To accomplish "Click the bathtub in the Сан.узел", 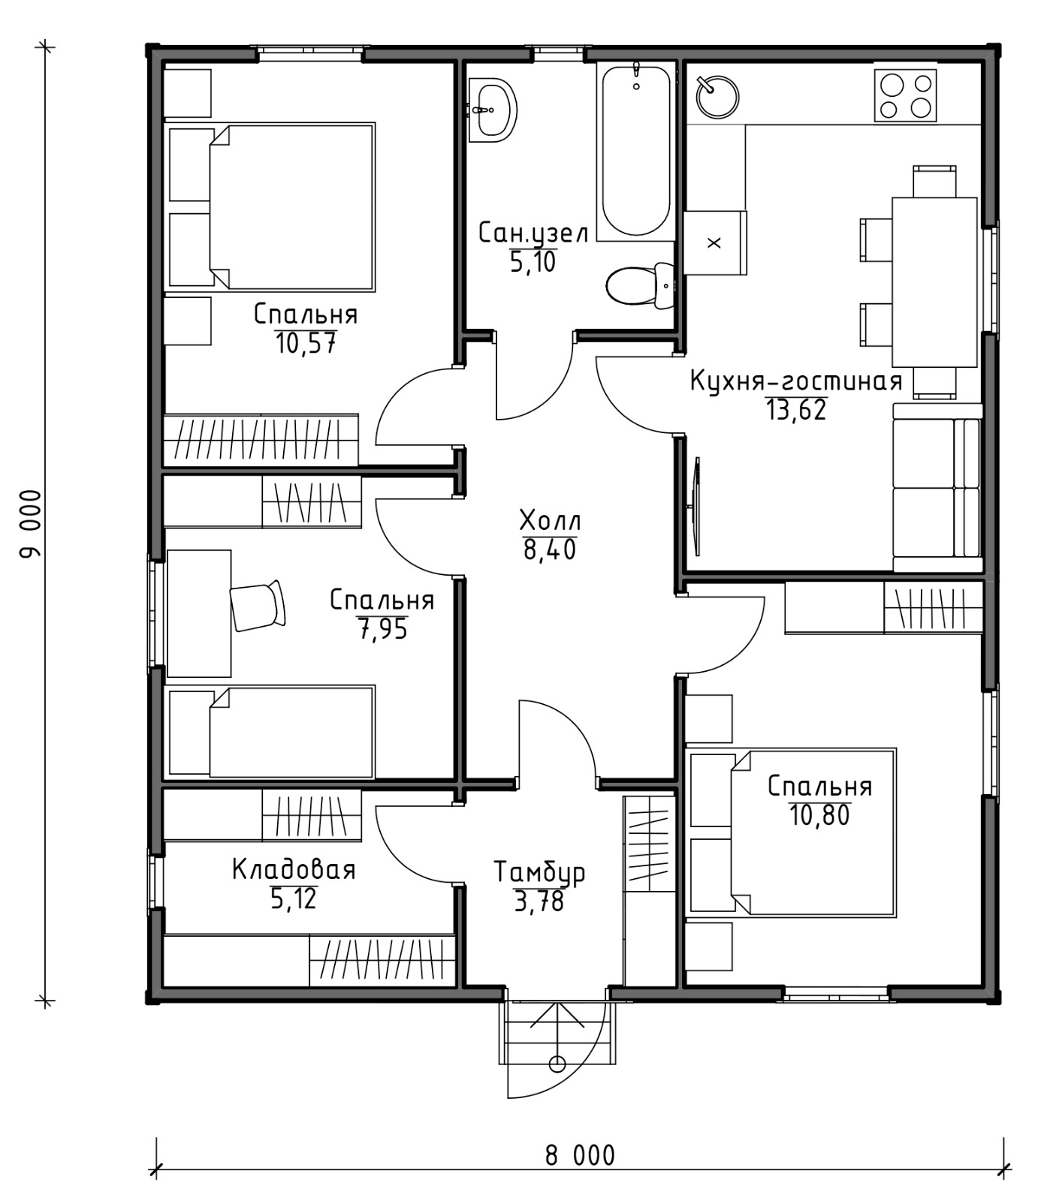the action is coord(636,151).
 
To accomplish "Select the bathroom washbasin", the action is coord(493,110).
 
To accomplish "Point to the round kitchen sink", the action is coord(717,96).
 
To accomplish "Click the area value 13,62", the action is coord(795,410).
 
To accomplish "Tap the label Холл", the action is coord(550,519).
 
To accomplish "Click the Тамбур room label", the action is coord(539,872).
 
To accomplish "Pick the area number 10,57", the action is coord(306,344).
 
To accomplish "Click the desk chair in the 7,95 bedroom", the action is coord(258,605).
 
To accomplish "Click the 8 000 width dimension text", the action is coord(580,1155).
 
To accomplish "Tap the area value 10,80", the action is coord(819,814).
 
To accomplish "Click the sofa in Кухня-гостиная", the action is coord(937,488).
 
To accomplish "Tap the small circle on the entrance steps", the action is coord(557,1063).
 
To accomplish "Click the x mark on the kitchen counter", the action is coord(714,242).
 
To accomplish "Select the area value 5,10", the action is coord(533,262).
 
